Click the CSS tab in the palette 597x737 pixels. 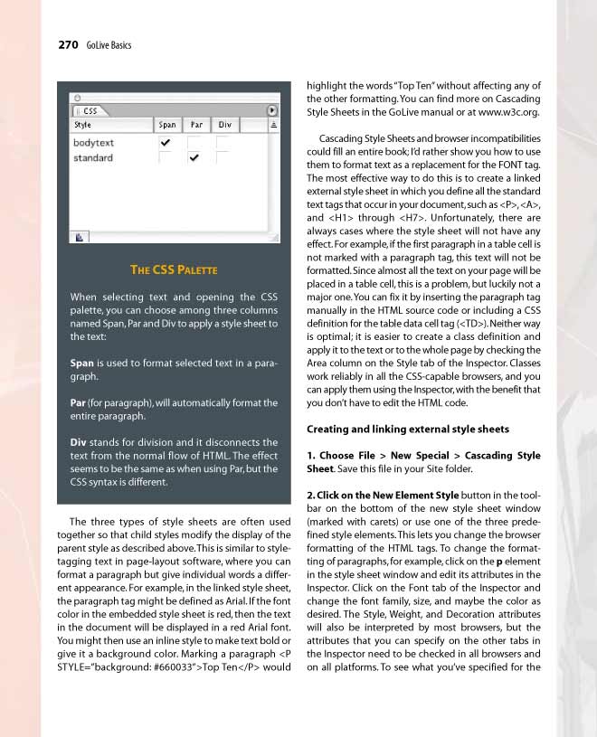[90, 110]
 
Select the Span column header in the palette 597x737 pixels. [167, 125]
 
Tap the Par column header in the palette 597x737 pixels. [196, 125]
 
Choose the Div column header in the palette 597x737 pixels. [224, 125]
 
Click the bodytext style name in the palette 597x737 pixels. [94, 143]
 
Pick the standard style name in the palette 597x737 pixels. [93, 158]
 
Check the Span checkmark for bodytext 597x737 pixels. [165, 143]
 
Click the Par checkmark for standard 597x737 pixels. [194, 158]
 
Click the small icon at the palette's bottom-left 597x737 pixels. [80, 237]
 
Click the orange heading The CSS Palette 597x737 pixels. [174, 269]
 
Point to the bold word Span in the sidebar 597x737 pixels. [82, 363]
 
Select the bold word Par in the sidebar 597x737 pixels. [78, 402]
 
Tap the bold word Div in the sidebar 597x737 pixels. [78, 442]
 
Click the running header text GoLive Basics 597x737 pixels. [109, 45]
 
